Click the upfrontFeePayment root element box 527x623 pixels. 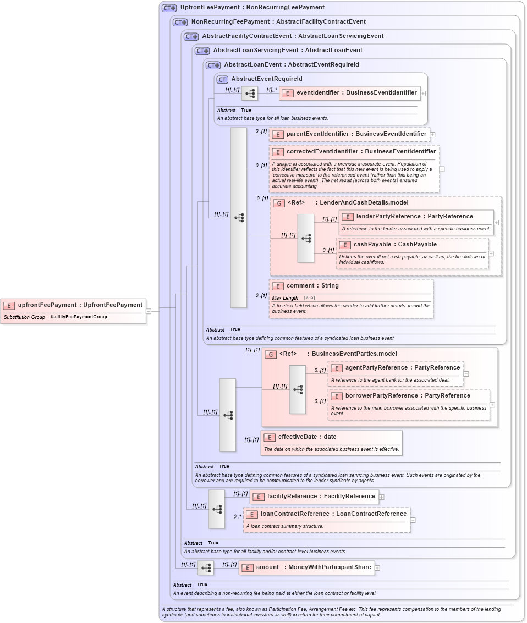pyautogui.click(x=74, y=305)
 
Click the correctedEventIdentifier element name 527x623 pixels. pyautogui.click(x=361, y=151)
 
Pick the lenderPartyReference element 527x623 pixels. pyautogui.click(x=414, y=216)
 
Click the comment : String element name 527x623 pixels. pyautogui.click(x=312, y=286)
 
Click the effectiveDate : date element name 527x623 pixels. pyautogui.click(x=307, y=437)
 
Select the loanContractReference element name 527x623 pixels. pyautogui.click(x=333, y=514)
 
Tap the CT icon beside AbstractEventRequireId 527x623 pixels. pyautogui.click(x=222, y=79)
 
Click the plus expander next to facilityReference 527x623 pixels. pyautogui.click(x=382, y=497)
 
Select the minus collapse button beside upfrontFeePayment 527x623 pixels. pyautogui.click(x=149, y=311)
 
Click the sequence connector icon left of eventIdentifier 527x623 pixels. pyautogui.click(x=250, y=93)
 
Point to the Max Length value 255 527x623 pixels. pyautogui.click(x=309, y=297)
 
